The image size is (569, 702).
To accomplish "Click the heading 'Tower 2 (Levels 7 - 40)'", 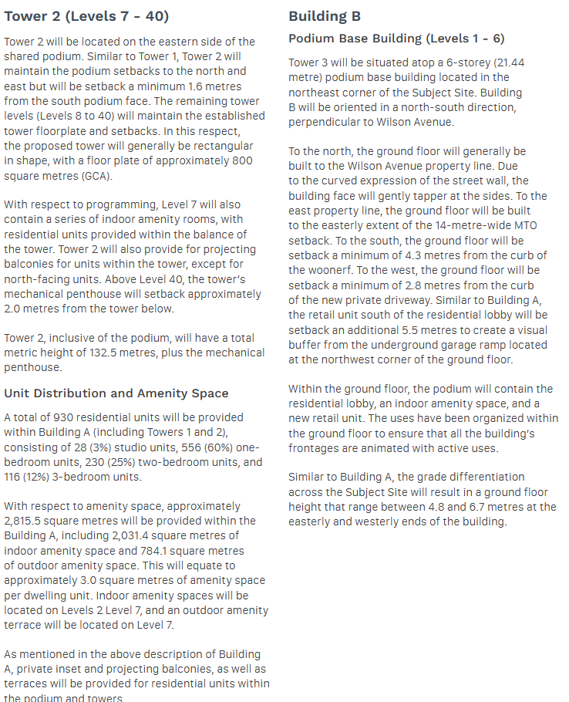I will (86, 16).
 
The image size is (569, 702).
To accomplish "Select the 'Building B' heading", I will (325, 16).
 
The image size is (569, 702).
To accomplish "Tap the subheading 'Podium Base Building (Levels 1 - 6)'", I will (396, 39).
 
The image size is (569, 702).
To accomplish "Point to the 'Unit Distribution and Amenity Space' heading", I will (116, 393).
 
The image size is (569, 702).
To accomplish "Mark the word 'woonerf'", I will (315, 270).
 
